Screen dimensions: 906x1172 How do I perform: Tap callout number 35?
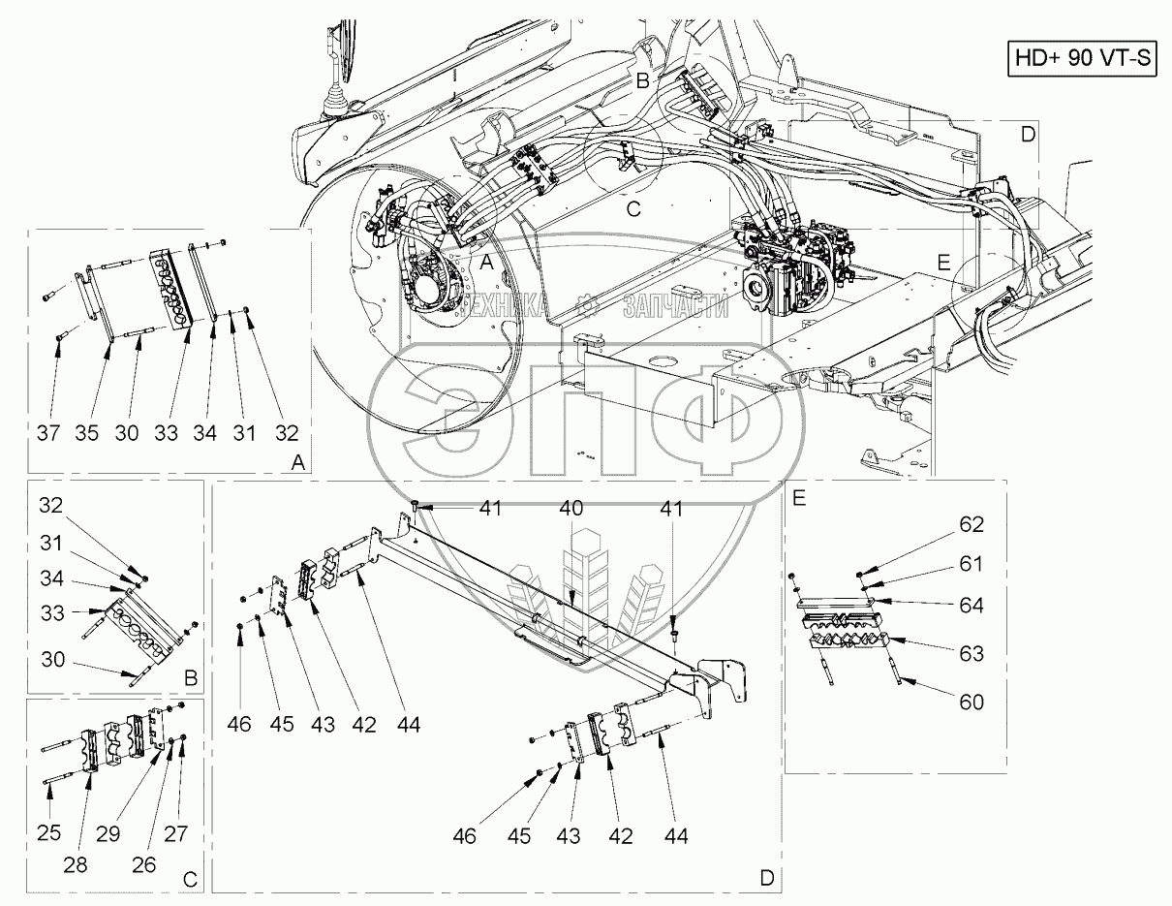88,433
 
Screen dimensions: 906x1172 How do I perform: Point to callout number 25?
49,832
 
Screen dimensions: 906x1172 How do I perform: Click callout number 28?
76,865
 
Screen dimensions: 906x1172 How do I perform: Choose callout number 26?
143,865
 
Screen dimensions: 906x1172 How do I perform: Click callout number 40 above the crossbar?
571,507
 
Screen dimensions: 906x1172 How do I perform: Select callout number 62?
971,524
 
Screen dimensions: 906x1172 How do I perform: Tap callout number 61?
971,563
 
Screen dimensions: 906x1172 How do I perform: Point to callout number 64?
971,605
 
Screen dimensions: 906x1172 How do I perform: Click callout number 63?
971,653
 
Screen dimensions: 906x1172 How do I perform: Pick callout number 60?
971,702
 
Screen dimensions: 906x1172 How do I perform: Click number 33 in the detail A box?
166,433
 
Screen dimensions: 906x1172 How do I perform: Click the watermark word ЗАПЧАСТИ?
675,306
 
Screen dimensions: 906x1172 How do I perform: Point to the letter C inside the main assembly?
632,208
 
